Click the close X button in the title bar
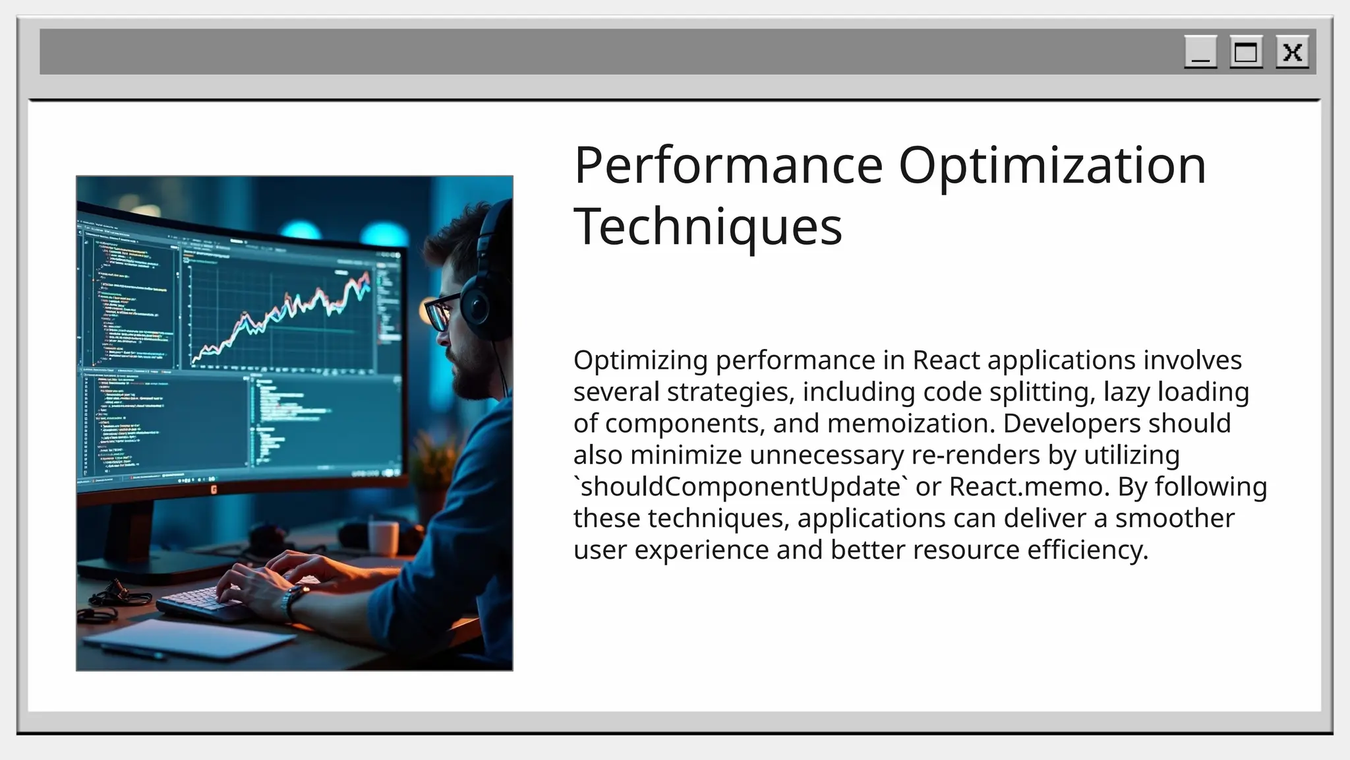[x=1292, y=52]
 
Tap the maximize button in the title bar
[x=1246, y=52]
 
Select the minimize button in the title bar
[x=1200, y=52]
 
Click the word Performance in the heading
[x=728, y=165]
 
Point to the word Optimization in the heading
[x=1052, y=165]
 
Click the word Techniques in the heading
[x=708, y=226]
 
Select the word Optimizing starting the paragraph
[x=640, y=360]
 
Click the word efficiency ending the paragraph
[x=1087, y=550]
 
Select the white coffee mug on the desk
[x=383, y=537]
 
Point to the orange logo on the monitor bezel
[x=213, y=489]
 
